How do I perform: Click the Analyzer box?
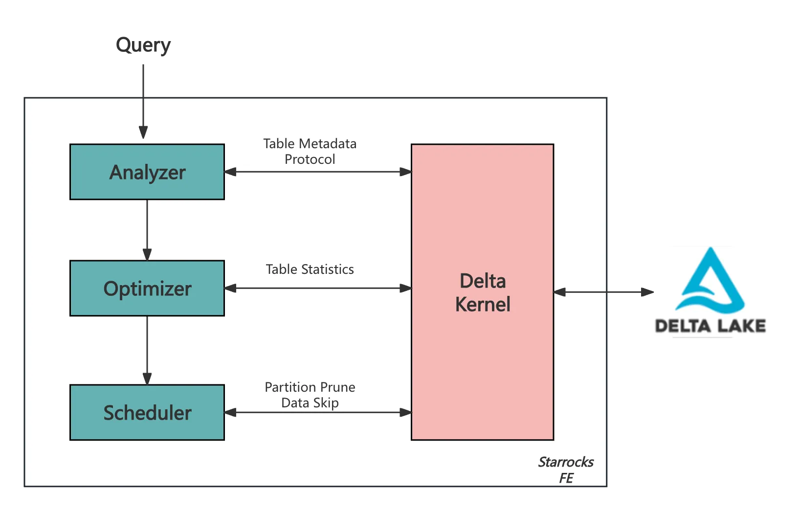[147, 172]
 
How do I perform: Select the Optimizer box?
[147, 288]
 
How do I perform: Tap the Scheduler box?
[147, 412]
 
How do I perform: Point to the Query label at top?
[143, 45]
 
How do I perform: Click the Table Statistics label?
[310, 269]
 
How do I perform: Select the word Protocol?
[310, 159]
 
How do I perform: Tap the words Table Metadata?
[310, 144]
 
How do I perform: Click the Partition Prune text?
[310, 387]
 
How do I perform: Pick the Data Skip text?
[310, 403]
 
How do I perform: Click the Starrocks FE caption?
[566, 469]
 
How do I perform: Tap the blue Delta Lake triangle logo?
[710, 281]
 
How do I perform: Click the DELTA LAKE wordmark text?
[710, 326]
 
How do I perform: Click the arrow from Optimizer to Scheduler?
[147, 349]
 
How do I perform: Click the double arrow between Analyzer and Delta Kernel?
[318, 172]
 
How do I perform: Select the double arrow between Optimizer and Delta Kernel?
[318, 288]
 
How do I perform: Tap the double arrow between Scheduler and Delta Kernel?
[318, 412]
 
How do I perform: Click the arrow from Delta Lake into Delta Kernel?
[601, 292]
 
